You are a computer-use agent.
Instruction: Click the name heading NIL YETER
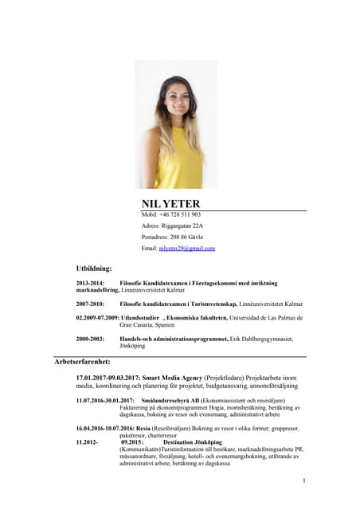click(170, 204)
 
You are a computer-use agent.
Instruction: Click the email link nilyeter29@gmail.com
click(187, 249)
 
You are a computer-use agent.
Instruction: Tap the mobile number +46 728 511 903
click(181, 215)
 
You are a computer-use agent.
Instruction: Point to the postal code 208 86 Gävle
click(185, 237)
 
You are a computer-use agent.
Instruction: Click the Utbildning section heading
click(94, 269)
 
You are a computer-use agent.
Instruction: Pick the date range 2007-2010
click(90, 304)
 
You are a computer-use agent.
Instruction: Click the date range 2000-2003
click(90, 339)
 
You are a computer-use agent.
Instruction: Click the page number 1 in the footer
click(304, 481)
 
